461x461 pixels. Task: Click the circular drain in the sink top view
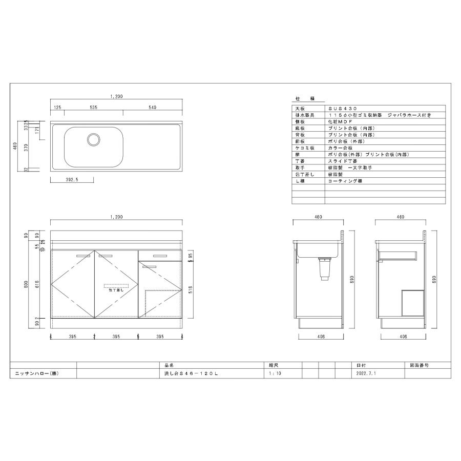(94, 138)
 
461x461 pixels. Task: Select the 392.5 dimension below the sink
(71, 180)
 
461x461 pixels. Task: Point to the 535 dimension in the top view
(94, 108)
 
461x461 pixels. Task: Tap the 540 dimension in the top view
(152, 108)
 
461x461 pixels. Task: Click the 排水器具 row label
(301, 116)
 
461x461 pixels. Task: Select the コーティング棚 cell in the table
(345, 181)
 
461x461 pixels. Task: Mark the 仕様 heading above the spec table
(305, 98)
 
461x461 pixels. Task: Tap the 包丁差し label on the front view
(116, 289)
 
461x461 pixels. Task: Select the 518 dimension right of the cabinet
(190, 289)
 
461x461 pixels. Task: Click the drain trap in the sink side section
(323, 269)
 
